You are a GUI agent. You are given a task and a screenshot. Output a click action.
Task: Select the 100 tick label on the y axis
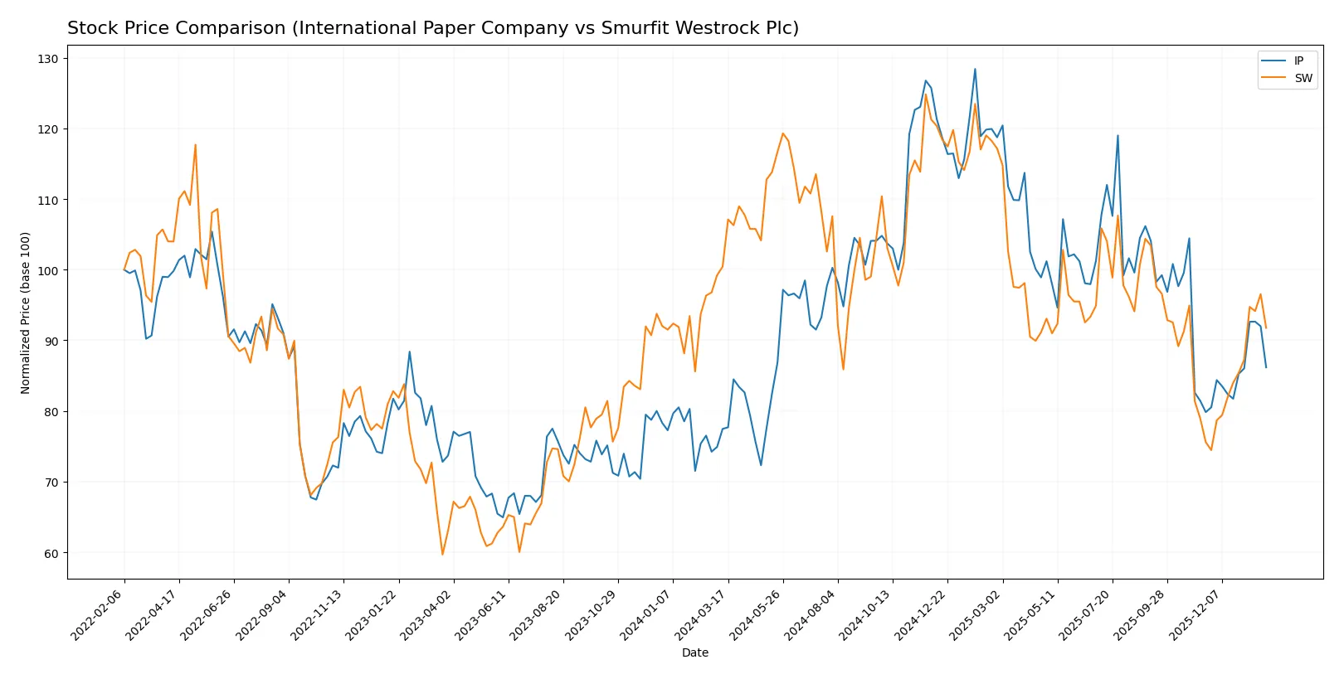click(47, 270)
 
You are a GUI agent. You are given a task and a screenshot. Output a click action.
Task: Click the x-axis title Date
click(694, 652)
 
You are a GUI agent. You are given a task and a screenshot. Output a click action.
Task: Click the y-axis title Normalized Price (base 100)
click(26, 313)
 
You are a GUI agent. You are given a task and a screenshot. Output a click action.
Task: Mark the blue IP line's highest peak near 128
click(975, 69)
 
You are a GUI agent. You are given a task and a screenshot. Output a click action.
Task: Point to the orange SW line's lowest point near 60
click(442, 554)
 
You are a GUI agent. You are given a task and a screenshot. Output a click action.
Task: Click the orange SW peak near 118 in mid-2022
click(195, 145)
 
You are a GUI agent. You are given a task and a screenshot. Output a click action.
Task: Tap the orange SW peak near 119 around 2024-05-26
click(782, 133)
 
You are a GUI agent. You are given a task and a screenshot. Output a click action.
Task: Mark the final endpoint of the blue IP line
click(1266, 367)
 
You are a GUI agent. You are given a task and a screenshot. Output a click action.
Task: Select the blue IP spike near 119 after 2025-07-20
click(1118, 136)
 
